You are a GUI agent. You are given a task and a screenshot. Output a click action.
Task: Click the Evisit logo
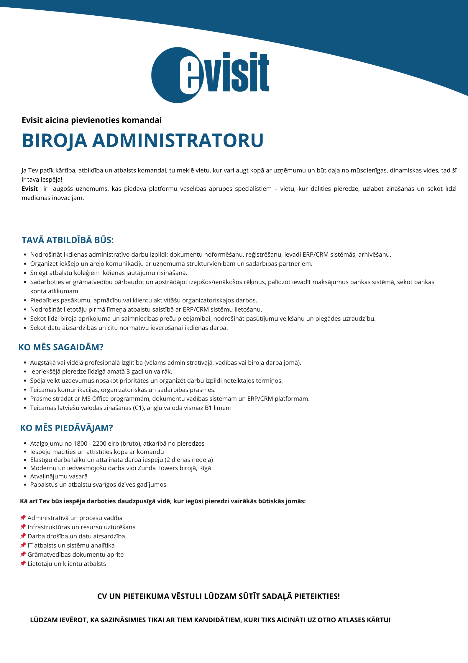[210, 75]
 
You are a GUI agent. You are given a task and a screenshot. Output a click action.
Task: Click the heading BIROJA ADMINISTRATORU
[143, 140]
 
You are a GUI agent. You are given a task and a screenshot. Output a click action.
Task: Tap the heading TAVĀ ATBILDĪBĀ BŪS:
[68, 240]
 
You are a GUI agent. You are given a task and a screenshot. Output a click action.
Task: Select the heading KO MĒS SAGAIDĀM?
[61, 347]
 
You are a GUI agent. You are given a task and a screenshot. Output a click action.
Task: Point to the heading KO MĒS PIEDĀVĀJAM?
[66, 428]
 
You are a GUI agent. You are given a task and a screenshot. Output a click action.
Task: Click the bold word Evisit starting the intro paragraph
[29, 189]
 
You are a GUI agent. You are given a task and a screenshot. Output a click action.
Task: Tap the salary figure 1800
[81, 444]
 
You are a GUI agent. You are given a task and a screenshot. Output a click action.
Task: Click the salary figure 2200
[100, 444]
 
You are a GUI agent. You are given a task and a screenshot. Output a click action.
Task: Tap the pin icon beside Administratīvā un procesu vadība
[23, 518]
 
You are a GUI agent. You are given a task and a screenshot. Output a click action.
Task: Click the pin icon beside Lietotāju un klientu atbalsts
[23, 563]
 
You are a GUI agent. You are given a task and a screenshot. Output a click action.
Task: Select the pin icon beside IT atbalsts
[23, 545]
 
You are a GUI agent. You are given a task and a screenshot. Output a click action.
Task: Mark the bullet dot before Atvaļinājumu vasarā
[25, 476]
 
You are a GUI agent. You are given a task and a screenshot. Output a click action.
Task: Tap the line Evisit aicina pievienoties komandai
[92, 120]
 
